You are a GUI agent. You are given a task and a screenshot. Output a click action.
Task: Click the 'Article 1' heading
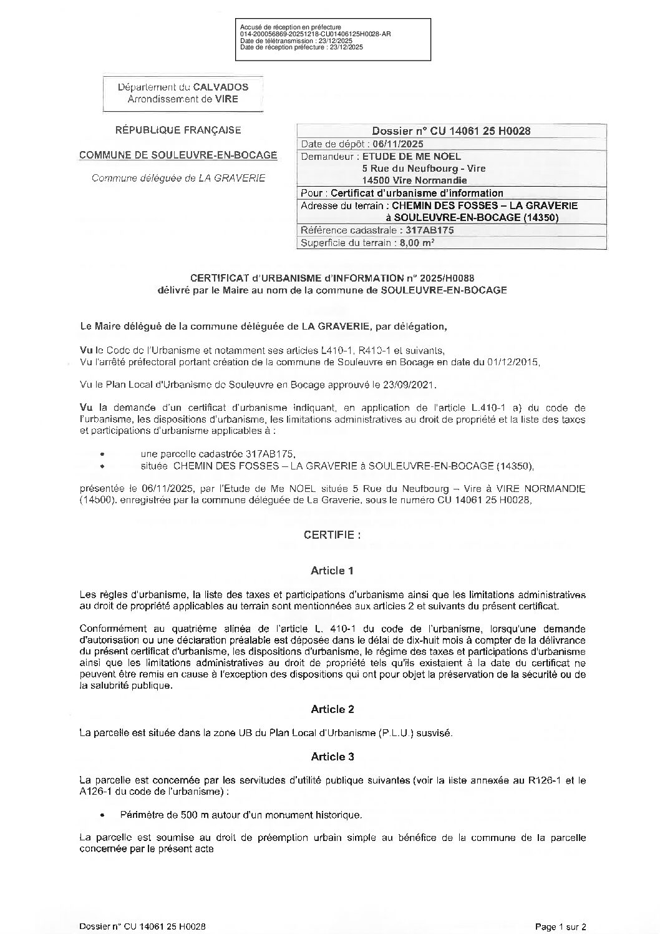pos(332,571)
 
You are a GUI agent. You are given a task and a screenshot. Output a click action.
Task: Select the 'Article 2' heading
pos(332,709)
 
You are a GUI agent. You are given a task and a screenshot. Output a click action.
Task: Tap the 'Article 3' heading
pos(332,757)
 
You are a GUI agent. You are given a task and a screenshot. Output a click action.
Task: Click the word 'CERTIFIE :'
pos(332,535)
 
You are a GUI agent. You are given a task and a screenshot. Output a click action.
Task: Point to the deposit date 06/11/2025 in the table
pos(397,144)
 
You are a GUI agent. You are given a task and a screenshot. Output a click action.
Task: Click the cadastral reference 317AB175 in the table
pos(429,230)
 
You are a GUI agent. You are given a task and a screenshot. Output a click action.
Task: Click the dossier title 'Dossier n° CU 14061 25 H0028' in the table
pos(451,131)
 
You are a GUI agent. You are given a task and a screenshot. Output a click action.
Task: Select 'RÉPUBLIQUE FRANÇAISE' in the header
pos(178,130)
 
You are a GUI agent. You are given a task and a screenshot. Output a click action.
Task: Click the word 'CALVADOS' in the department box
pos(220,87)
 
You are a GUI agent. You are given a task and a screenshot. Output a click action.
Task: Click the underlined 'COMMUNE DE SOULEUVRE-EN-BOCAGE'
pos(178,155)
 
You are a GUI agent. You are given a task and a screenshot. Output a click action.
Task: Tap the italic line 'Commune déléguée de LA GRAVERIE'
pos(178,178)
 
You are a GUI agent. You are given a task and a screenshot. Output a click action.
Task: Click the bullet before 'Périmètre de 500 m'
pos(102,815)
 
